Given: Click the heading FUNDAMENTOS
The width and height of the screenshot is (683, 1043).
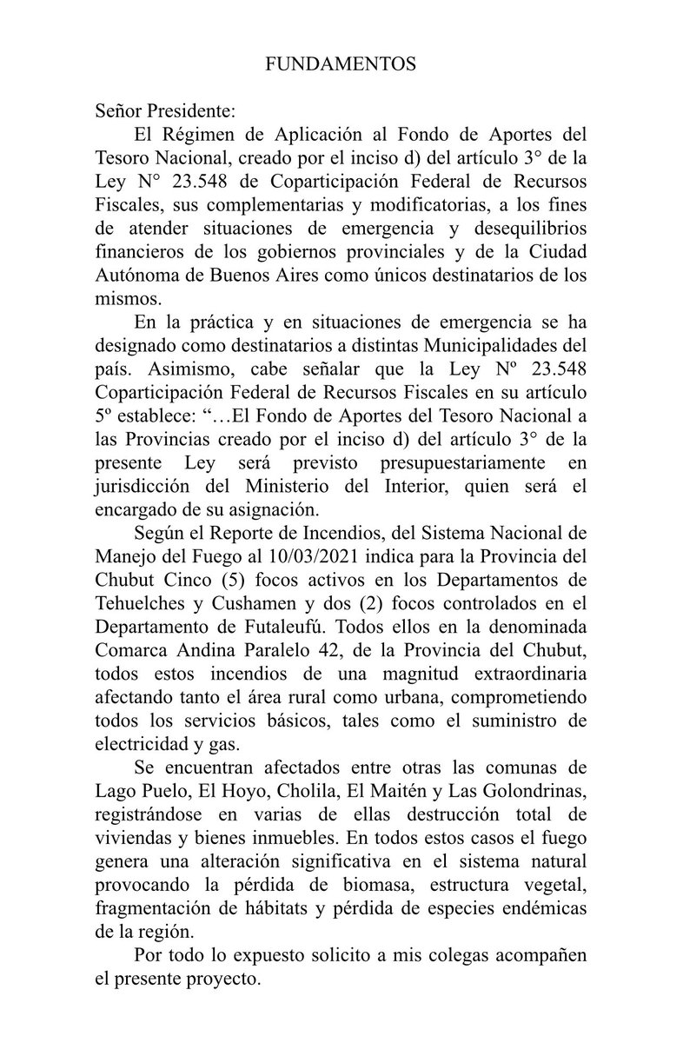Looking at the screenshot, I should (341, 64).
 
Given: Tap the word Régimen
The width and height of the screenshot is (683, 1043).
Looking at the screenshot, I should (204, 136).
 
